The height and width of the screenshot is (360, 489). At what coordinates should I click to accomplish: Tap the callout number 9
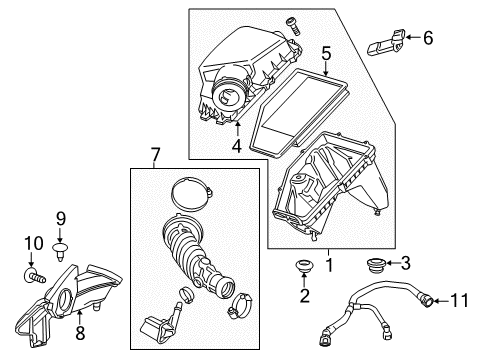[x=59, y=217]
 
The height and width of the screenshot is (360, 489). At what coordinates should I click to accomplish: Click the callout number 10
[x=27, y=244]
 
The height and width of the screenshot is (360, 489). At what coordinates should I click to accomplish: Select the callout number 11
[x=461, y=300]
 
